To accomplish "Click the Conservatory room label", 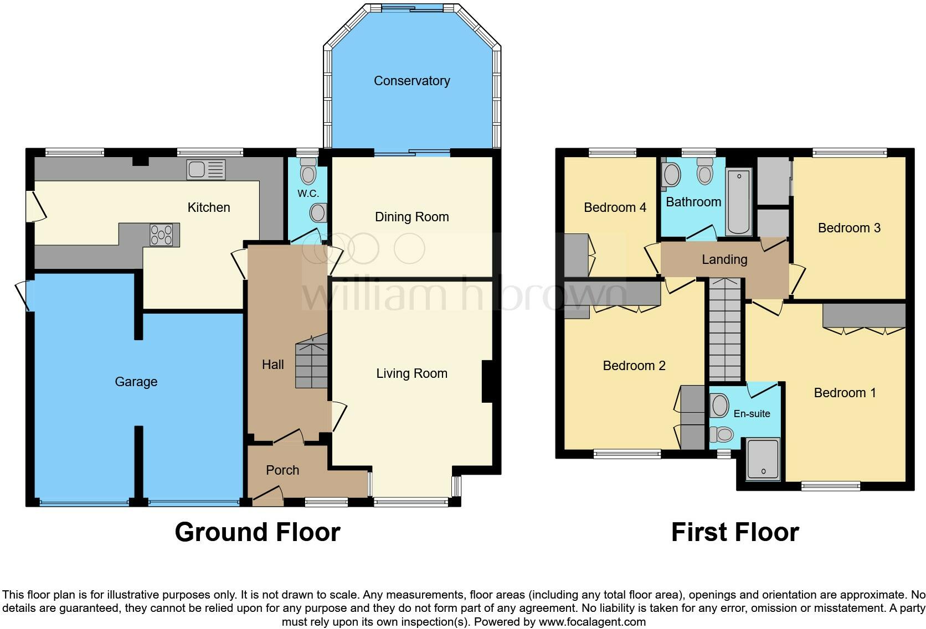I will point(411,81).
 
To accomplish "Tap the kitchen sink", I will point(206,169).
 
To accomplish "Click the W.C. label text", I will point(308,194).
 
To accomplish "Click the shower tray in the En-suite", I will point(763,459).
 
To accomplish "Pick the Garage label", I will point(136,382).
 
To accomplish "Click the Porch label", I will point(282,470).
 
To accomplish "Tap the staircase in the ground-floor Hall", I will point(311,365).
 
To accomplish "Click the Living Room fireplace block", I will point(487,381).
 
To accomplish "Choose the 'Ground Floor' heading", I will point(257,532).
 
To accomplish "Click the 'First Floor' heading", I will point(735,532).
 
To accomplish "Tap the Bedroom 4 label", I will point(615,207).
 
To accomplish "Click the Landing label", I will point(724,259).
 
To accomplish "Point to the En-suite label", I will point(752,414).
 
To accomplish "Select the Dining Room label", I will point(411,217).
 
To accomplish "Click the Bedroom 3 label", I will point(848,228).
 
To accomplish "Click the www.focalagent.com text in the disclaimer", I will point(592,622).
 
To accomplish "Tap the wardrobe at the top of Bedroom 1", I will point(863,315).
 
